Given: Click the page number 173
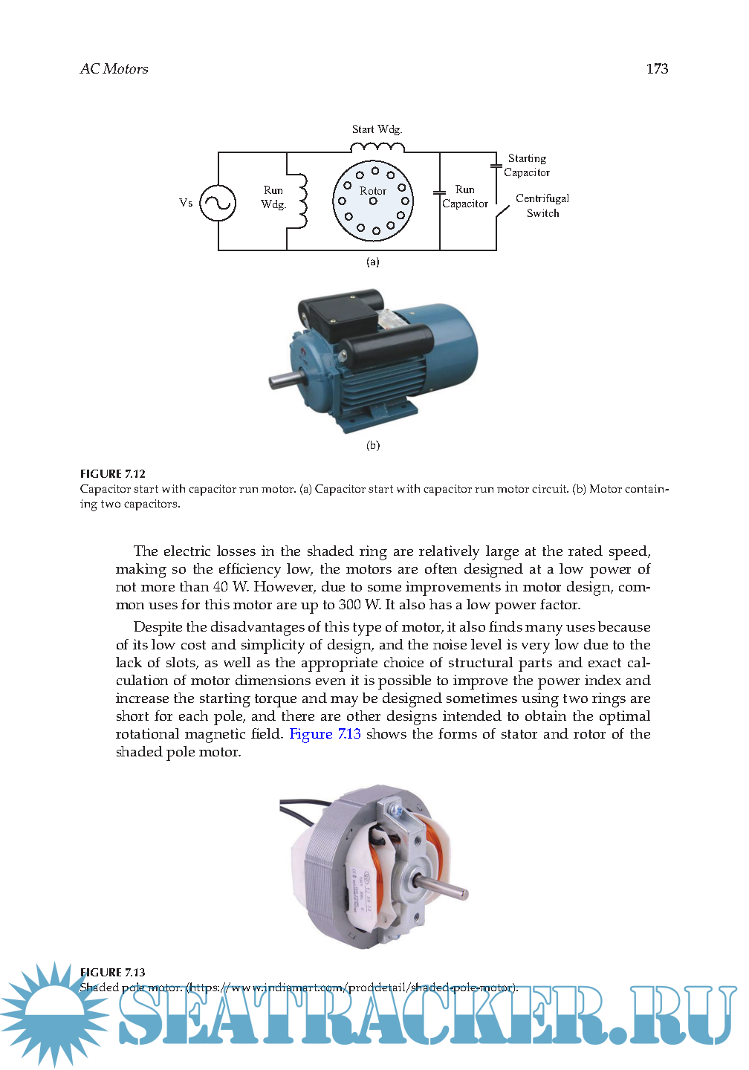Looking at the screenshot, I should point(657,69).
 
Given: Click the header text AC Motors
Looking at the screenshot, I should point(114,69).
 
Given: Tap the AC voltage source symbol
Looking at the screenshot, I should point(218,203).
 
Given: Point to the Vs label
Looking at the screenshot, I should point(186,203).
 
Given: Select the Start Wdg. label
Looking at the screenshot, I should point(377,129).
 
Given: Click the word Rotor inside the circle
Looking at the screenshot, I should point(373,191).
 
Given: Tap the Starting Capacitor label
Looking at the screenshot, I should point(527,166).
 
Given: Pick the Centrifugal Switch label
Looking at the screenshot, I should point(542,206).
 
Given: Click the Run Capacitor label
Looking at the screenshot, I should point(465,197).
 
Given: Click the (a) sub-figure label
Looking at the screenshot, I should point(373,262).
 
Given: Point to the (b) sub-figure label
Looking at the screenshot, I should point(373,445).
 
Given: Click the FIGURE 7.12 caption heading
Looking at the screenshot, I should point(113,474).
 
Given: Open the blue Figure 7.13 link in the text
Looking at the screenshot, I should point(325,734).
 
